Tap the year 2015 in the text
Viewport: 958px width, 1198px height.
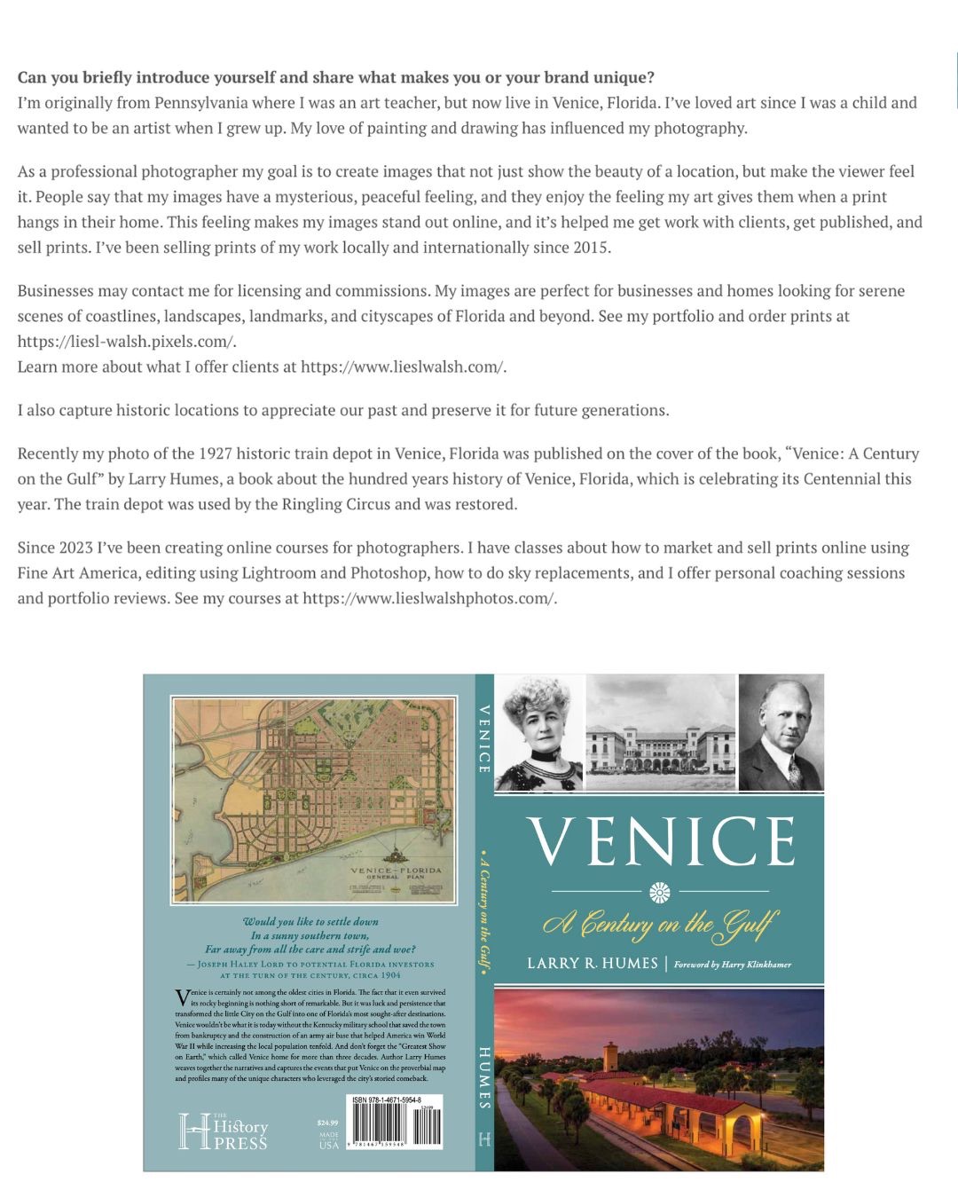click(590, 248)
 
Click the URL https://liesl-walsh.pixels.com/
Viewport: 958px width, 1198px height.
click(127, 342)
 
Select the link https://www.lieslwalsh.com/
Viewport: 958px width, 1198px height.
click(404, 367)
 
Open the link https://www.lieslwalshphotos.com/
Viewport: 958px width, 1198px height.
click(430, 599)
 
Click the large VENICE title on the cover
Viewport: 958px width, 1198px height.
click(661, 841)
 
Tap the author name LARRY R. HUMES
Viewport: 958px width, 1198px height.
click(593, 964)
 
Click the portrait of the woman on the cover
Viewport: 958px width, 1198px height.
click(539, 733)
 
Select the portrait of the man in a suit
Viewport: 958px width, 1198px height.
click(781, 733)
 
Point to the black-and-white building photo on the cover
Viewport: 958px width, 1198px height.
click(661, 733)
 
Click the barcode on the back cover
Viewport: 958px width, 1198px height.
click(396, 1126)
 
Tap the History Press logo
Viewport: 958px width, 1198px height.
click(224, 1131)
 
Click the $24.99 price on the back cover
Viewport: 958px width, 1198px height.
click(327, 1123)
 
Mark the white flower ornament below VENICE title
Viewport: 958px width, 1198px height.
click(660, 892)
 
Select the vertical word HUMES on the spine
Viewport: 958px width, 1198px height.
click(484, 1077)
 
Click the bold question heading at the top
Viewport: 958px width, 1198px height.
click(336, 77)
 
